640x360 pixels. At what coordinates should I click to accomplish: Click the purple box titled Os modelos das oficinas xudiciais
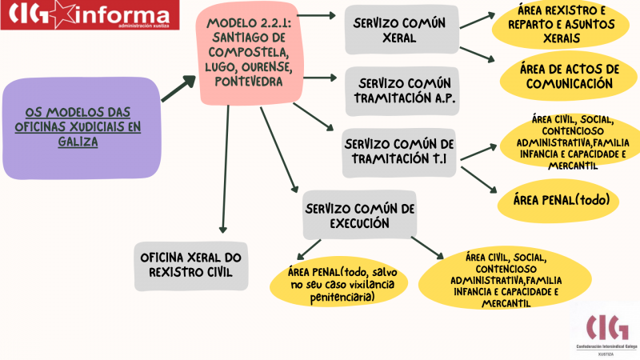click(82, 128)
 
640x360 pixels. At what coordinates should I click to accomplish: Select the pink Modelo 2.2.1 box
click(250, 53)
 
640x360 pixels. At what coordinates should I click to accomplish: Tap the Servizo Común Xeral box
click(402, 30)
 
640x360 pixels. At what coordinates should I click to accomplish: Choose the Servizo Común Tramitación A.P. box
click(402, 91)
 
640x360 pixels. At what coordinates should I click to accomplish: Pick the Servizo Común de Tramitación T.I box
click(398, 153)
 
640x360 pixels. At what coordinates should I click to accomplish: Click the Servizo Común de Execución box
click(359, 214)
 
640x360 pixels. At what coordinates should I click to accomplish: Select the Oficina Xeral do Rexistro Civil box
click(191, 266)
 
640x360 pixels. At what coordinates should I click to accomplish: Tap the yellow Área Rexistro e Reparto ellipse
click(561, 25)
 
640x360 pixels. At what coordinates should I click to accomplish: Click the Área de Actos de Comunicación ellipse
click(569, 76)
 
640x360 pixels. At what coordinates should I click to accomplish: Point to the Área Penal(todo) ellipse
click(558, 201)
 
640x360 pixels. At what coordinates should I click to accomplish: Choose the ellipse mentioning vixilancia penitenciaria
click(338, 285)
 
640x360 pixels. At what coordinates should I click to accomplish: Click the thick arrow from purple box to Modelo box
click(178, 89)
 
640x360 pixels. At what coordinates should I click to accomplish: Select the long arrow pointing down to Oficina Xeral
click(225, 169)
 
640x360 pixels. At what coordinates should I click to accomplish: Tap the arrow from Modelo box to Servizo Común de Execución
click(279, 150)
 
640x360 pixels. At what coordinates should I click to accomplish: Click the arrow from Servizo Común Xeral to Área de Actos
click(477, 54)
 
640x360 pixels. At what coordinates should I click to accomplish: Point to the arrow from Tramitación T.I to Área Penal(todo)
click(478, 179)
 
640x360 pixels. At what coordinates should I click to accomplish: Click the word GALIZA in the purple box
click(78, 142)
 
